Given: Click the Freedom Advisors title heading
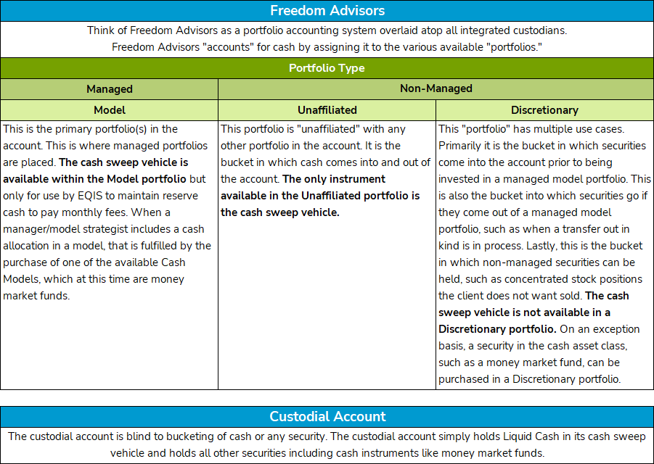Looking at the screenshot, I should pyautogui.click(x=327, y=11).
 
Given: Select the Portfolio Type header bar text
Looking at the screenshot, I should pyautogui.click(x=327, y=68).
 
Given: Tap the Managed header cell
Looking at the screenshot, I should pyautogui.click(x=109, y=89).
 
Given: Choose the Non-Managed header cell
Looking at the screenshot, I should pyautogui.click(x=436, y=88).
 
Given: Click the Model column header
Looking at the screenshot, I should pyautogui.click(x=109, y=110).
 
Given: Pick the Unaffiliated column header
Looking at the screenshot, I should pyautogui.click(x=327, y=110).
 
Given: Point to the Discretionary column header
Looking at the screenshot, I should pyautogui.click(x=544, y=110).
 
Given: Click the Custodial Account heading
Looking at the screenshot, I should pyautogui.click(x=327, y=417).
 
